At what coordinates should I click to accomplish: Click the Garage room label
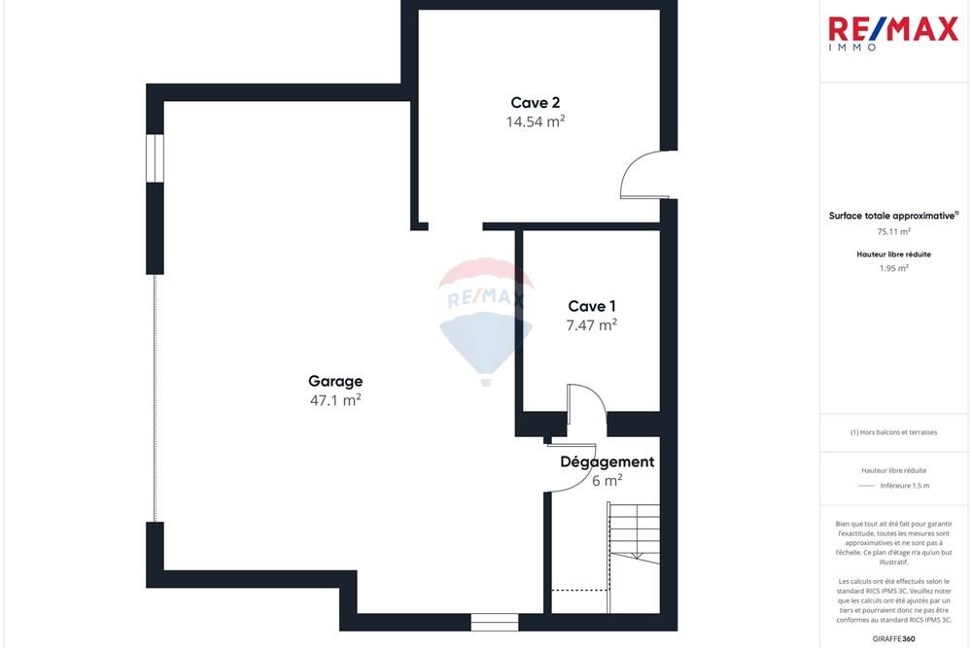click(x=335, y=381)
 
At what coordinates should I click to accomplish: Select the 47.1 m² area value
click(x=335, y=399)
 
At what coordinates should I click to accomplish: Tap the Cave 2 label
click(x=535, y=102)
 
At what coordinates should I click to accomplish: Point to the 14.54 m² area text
click(x=535, y=121)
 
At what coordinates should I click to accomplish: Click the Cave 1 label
click(x=592, y=306)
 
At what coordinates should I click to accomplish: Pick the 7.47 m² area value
click(x=592, y=325)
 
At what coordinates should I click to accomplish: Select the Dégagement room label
click(x=607, y=461)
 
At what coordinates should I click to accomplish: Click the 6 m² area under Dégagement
click(x=607, y=480)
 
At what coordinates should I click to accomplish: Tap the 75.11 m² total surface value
click(x=893, y=232)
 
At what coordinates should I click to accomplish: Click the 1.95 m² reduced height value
click(x=893, y=268)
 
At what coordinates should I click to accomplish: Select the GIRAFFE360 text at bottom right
click(x=893, y=638)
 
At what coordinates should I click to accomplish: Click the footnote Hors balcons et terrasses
click(x=893, y=432)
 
